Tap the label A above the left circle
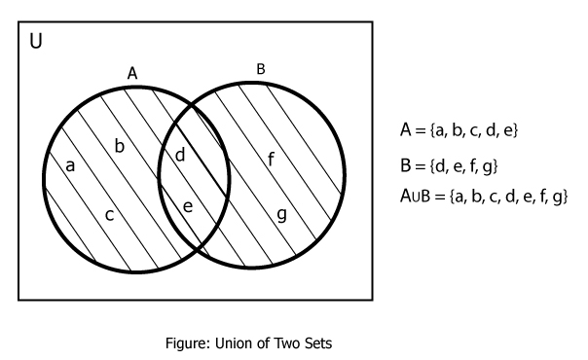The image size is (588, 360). click(132, 73)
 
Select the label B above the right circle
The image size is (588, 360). click(260, 68)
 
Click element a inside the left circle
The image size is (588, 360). click(69, 165)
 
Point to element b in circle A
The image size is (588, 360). click(120, 146)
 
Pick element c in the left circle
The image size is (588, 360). click(110, 214)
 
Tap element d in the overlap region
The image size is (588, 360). click(179, 155)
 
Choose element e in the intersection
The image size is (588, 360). click(188, 206)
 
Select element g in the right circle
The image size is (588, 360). click(281, 214)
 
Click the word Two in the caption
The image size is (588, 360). click(322, 342)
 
